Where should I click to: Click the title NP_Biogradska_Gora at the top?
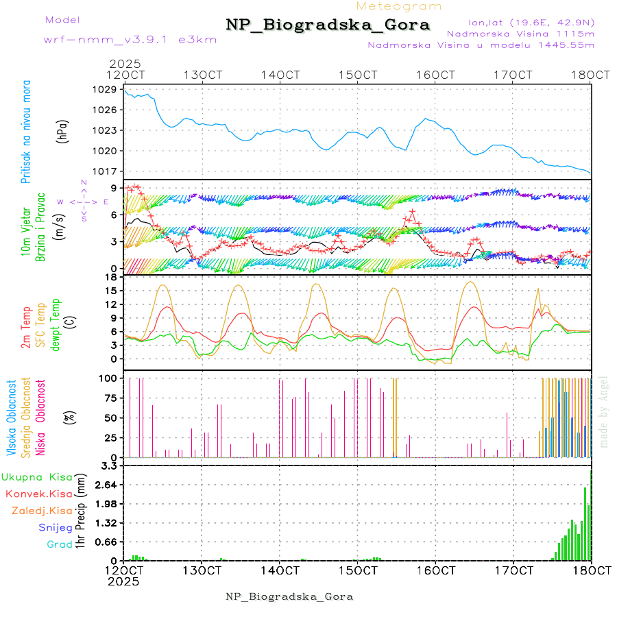pos(328,25)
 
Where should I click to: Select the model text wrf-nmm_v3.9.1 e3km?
pos(130,40)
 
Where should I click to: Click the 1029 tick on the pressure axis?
pos(106,89)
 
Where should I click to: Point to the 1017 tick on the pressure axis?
pos(106,171)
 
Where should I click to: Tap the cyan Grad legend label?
pos(59,544)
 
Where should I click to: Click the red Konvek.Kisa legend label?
pos(39,494)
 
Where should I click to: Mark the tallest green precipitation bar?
pos(585,522)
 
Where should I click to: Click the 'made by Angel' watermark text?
pos(604,411)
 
